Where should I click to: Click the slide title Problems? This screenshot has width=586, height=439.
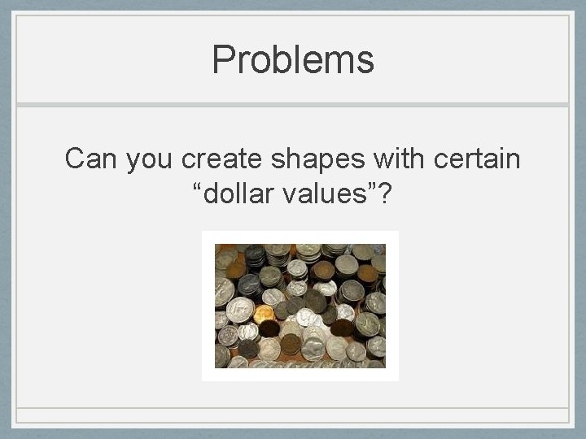coord(292,60)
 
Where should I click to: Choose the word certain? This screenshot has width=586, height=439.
coord(473,159)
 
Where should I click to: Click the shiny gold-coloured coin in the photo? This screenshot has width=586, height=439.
coord(263,313)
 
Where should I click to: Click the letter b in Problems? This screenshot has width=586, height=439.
coord(279,59)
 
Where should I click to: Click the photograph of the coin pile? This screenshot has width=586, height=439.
coord(300,306)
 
